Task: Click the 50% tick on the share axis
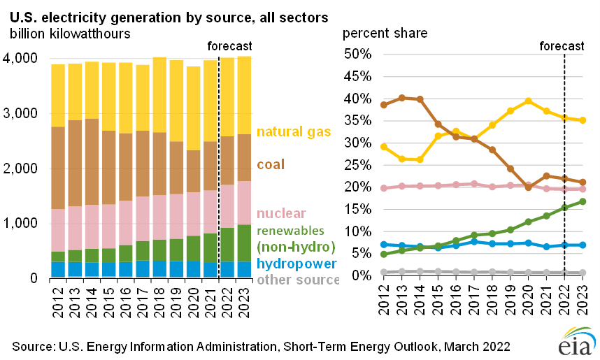coord(359,54)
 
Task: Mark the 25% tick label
coord(359,165)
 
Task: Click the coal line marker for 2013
coord(401,98)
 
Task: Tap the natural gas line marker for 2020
coord(528,101)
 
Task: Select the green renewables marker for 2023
coord(582,201)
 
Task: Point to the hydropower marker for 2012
coord(383,245)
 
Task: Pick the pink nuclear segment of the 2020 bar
coord(194,214)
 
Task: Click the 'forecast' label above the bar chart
coord(230,46)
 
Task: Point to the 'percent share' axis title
coord(385,33)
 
